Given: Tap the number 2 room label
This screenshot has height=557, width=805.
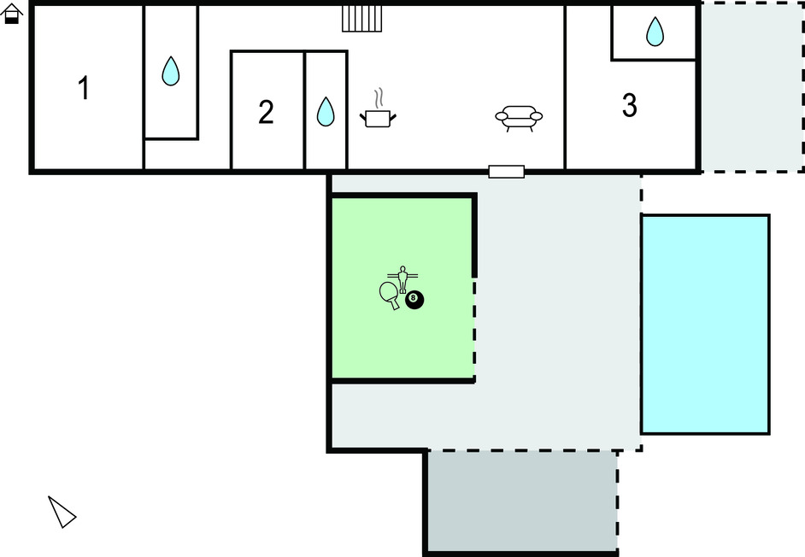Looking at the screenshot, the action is pos(266,112).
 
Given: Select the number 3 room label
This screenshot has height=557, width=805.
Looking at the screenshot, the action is pos(630,105).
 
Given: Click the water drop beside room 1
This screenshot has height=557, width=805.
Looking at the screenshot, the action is pos(170,71).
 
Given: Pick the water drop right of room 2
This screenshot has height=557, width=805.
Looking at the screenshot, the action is pos(326,111).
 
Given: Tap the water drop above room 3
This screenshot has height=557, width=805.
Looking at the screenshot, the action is pos(655,32).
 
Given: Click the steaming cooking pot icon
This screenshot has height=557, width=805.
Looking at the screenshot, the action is pos(378,108).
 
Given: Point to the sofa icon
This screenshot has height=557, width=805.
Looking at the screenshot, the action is pos(519,119).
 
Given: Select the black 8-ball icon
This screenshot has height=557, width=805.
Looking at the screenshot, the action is pos(414,300).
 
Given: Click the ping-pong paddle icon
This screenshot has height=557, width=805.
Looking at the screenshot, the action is pos(389,296).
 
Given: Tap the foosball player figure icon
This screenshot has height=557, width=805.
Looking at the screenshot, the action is pos(402,279).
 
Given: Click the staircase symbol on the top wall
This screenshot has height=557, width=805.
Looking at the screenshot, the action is pos(362,19).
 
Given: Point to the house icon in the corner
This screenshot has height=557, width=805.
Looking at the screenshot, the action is pos(11,14).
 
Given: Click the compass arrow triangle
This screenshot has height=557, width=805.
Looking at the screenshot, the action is pos(62,512).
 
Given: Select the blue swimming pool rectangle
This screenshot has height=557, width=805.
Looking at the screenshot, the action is pos(705,325).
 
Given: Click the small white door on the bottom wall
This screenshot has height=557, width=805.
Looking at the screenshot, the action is pos(506,172).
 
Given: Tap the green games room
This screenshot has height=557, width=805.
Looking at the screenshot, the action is pos(402,288).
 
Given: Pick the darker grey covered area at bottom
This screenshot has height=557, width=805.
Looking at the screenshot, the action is pos(523,501).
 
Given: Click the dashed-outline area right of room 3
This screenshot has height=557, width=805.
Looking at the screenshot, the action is pos(752,87).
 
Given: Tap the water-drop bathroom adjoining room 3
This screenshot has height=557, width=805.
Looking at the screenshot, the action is pos(654,32).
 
